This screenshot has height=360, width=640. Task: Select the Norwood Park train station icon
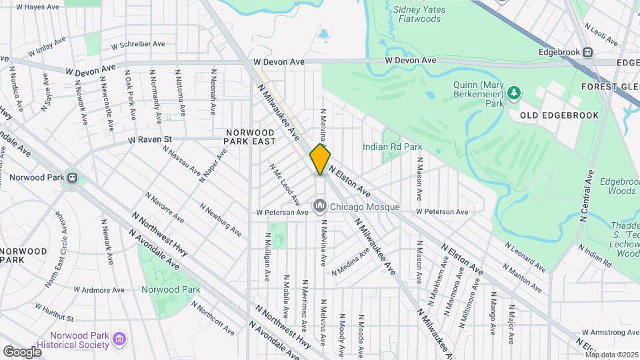pos(71,179)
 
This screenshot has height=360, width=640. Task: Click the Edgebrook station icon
pos(587,52)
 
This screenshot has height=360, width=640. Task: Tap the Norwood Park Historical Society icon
pos(119,340)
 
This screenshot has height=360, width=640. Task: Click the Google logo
pos(22,351)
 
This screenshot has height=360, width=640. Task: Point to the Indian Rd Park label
pos(392,147)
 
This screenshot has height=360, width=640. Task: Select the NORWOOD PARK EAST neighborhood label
pos(250,137)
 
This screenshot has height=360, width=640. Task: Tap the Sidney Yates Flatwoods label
pos(417,14)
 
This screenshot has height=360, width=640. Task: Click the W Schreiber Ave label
pos(138,45)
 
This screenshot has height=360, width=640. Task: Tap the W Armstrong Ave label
pos(607,332)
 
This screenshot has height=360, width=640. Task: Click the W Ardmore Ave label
pos(99,290)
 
